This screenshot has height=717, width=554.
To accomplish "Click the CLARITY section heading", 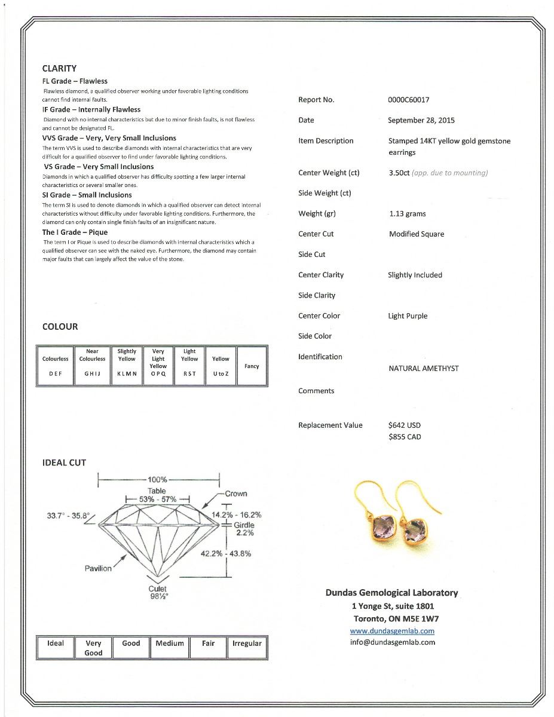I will click(x=59, y=68).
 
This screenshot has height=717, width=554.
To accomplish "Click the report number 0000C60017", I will click(x=408, y=100).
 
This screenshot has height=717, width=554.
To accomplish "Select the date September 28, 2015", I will click(x=421, y=120).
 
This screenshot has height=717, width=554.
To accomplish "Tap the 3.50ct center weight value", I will click(x=399, y=173).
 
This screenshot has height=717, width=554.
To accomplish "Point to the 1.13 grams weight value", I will click(x=407, y=213).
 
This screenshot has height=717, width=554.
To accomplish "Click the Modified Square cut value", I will click(x=416, y=234).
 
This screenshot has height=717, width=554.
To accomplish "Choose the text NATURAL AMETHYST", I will click(x=423, y=368).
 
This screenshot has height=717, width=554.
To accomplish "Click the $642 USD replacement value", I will click(x=404, y=425).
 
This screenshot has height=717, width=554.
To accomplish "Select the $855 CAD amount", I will click(x=404, y=437).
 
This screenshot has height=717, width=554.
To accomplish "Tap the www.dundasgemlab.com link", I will click(x=392, y=631).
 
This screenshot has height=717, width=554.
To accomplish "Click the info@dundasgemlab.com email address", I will click(x=392, y=642).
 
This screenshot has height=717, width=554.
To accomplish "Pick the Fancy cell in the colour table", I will click(x=252, y=366).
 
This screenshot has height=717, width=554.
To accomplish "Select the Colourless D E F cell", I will click(x=55, y=366).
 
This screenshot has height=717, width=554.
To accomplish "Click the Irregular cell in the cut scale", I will click(x=247, y=644).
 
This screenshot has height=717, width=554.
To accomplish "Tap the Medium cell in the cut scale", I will click(x=170, y=644).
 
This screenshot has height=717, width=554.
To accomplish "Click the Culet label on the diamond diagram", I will click(x=158, y=589).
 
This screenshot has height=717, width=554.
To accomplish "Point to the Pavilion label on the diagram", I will click(x=98, y=568).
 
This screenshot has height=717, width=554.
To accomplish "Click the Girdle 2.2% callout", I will click(x=244, y=529).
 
